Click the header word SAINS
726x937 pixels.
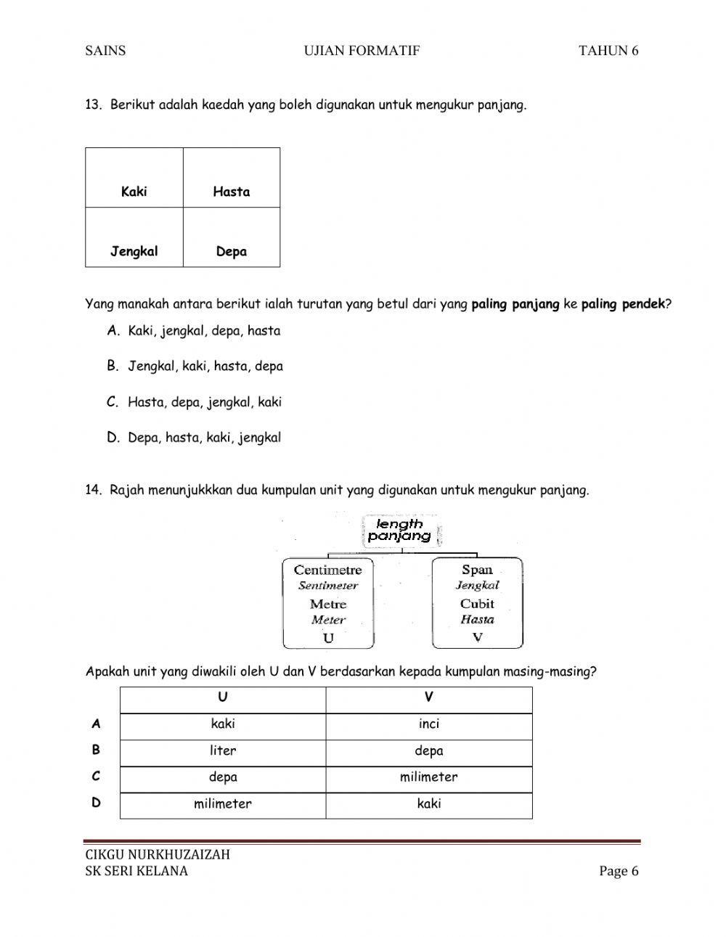(x=105, y=50)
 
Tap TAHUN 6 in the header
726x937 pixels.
(x=608, y=50)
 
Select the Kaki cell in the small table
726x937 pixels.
(x=134, y=192)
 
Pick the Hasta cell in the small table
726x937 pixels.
(x=232, y=192)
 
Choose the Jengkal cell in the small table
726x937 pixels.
(x=134, y=252)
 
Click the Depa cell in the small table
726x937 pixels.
(x=232, y=252)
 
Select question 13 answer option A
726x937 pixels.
(x=194, y=331)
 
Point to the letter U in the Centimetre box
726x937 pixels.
(x=328, y=638)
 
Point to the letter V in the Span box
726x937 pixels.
(x=477, y=637)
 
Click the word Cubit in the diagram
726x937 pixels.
(x=477, y=603)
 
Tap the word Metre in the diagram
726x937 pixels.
(x=328, y=604)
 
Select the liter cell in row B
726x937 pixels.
(x=223, y=750)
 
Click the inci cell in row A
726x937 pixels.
(x=429, y=724)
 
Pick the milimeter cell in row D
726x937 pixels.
(x=223, y=803)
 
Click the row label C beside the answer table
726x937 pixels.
(x=96, y=776)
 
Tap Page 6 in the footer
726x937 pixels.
(x=619, y=871)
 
